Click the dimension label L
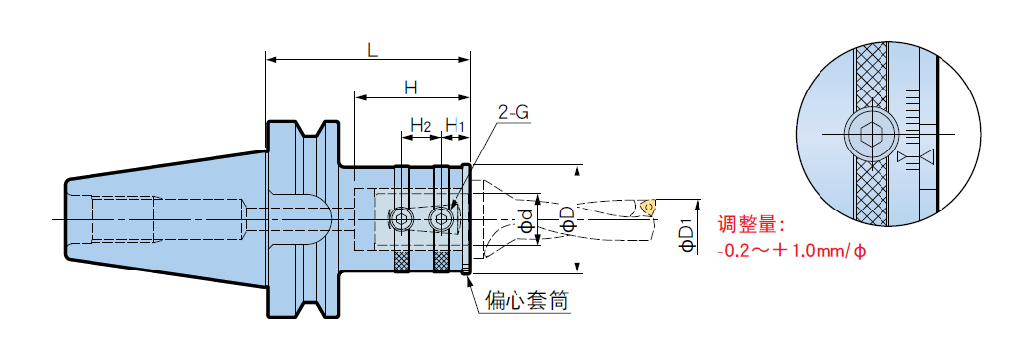point(373,51)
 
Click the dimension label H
point(411,89)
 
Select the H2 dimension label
point(421,124)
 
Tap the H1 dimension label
point(456,124)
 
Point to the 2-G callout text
point(514,112)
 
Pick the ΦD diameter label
point(567,217)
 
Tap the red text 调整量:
point(752,226)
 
